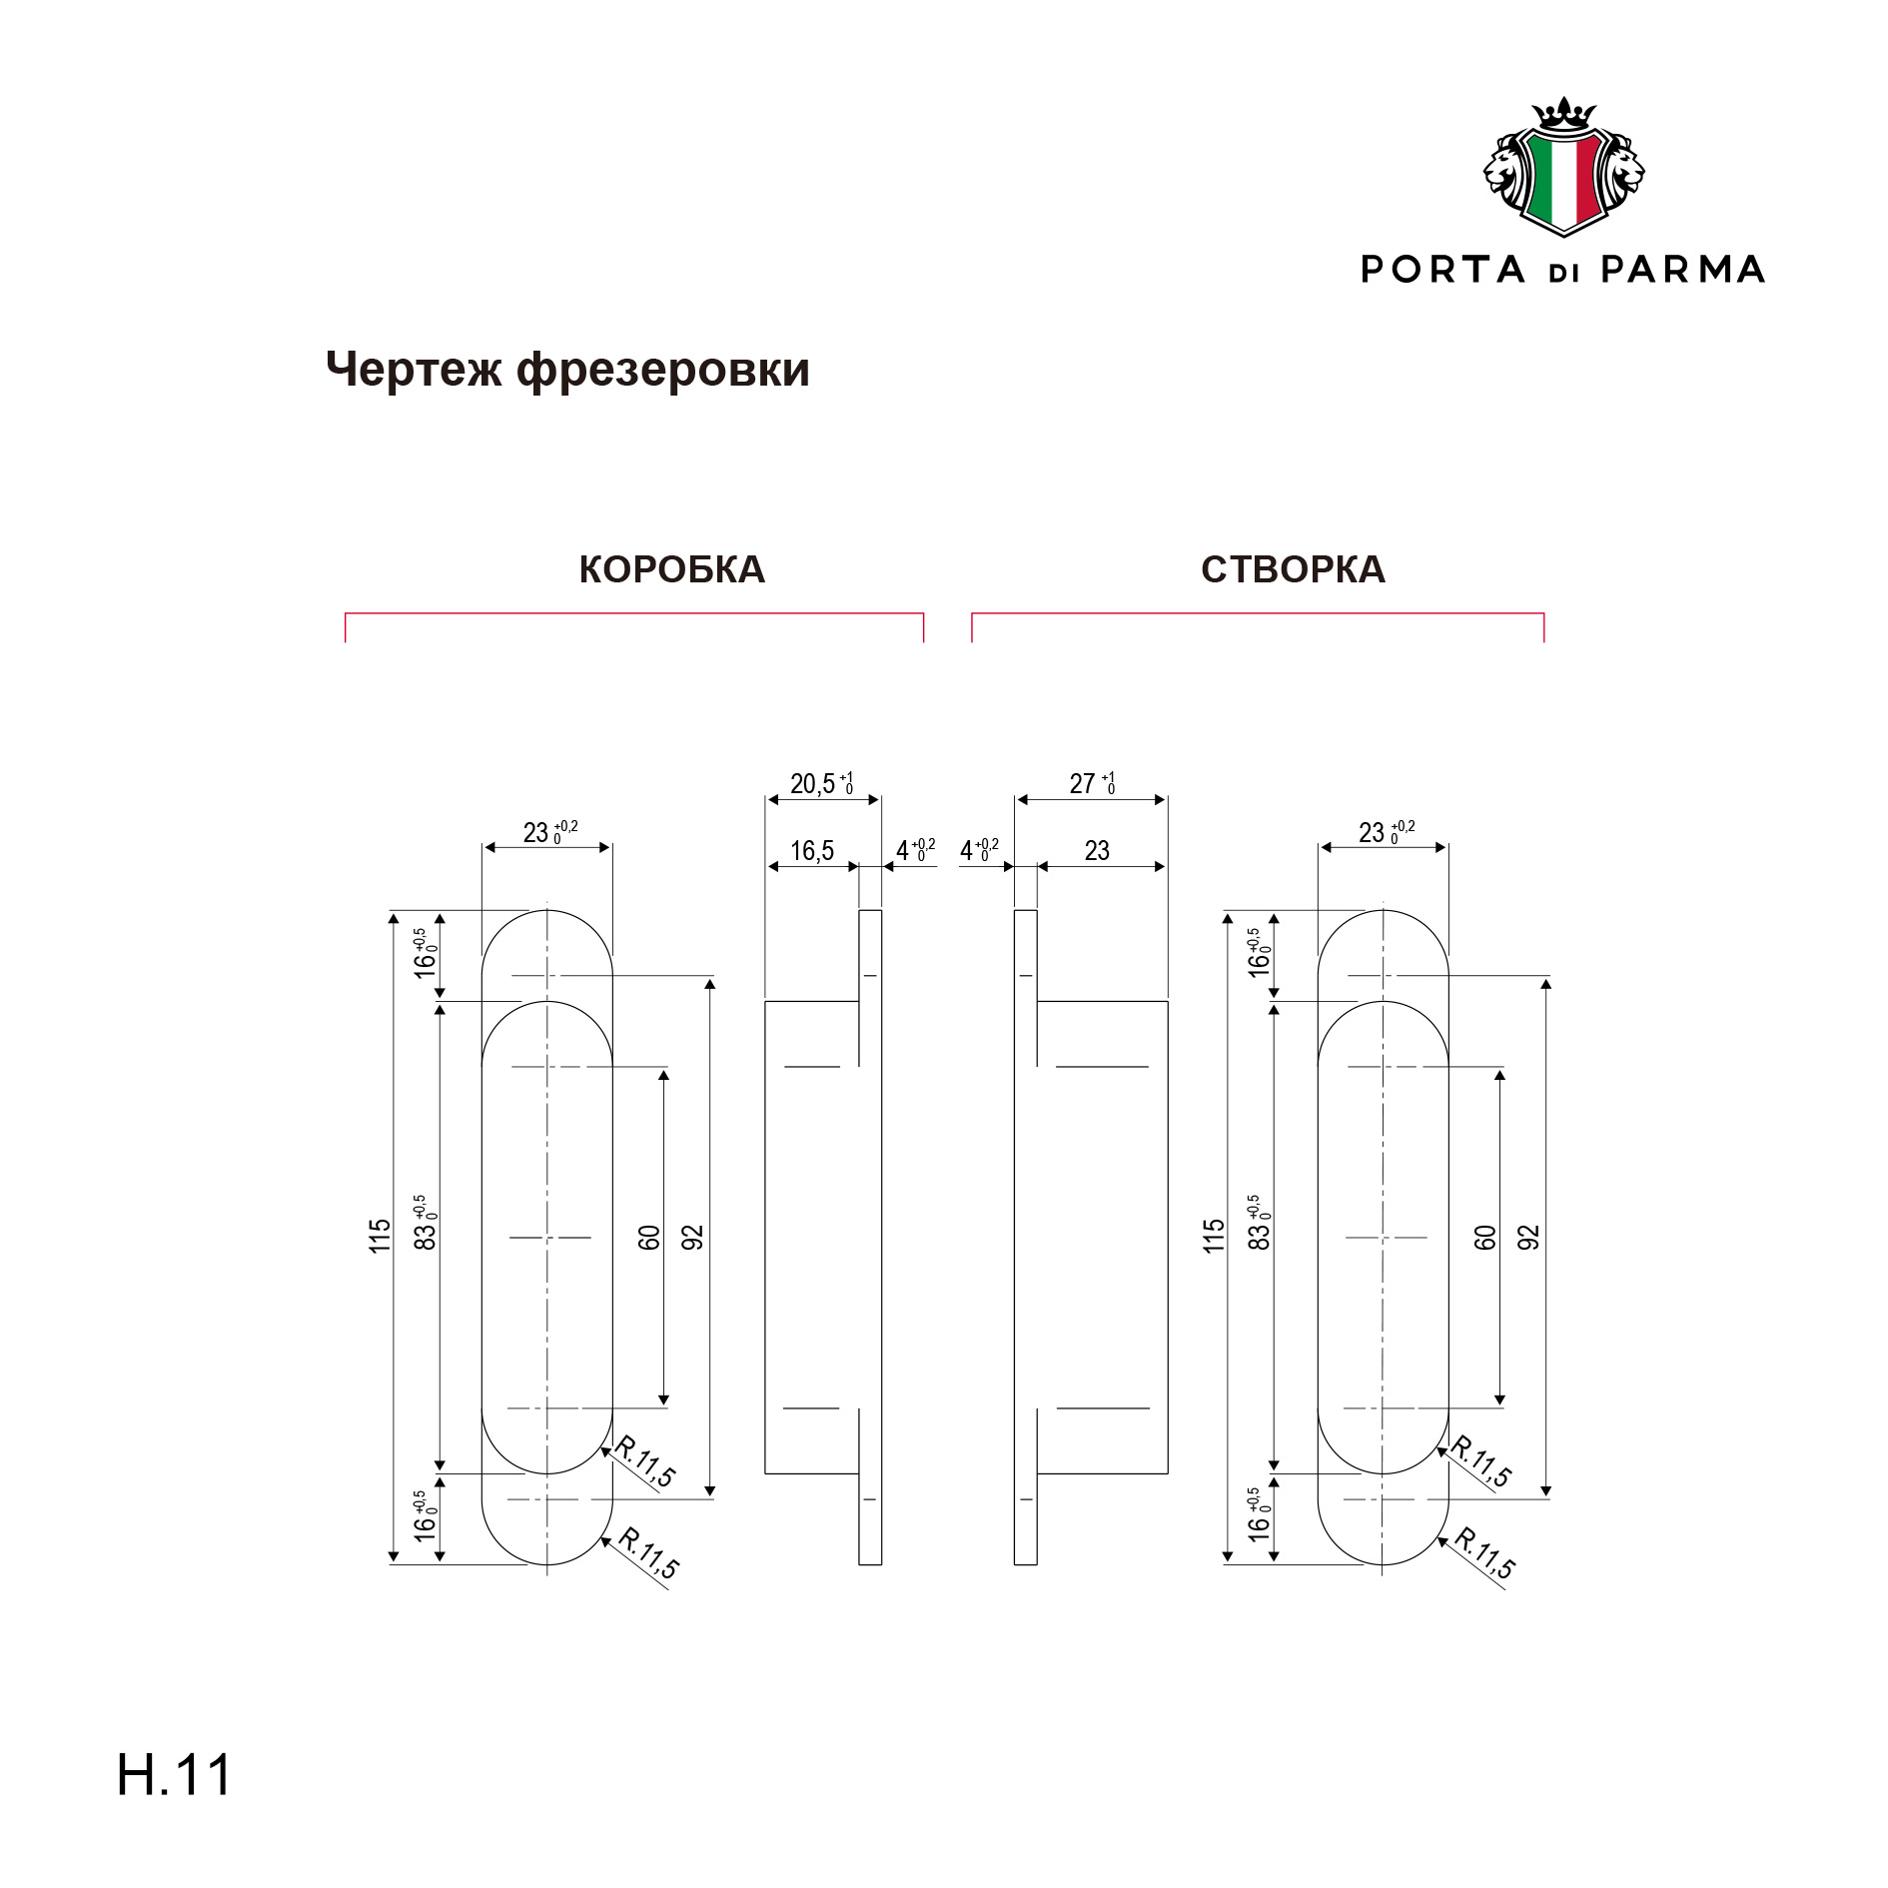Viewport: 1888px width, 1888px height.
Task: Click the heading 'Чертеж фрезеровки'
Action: pyautogui.click(x=567, y=371)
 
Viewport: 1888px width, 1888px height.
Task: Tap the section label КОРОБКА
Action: pyautogui.click(x=672, y=569)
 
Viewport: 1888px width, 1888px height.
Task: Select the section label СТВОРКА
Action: pyautogui.click(x=1293, y=569)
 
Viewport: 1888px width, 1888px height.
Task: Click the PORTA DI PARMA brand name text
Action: pyautogui.click(x=1563, y=270)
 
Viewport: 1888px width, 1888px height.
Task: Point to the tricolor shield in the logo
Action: pyautogui.click(x=1564, y=181)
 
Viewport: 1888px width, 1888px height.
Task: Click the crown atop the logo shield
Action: pyautogui.click(x=1564, y=113)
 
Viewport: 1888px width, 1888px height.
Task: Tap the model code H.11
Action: pyautogui.click(x=175, y=1775)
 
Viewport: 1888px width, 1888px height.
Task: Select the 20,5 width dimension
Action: pyautogui.click(x=821, y=783)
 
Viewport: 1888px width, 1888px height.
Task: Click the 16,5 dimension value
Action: pyautogui.click(x=812, y=851)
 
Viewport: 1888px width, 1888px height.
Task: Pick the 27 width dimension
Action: pyautogui.click(x=1092, y=783)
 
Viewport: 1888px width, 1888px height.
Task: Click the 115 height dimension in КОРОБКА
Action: pyautogui.click(x=380, y=1236)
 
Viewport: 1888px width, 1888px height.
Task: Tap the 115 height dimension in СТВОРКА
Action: pyautogui.click(x=1214, y=1236)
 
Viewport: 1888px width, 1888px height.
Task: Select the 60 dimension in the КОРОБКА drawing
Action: pyautogui.click(x=649, y=1238)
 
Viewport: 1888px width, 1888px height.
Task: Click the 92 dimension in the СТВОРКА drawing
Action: pyautogui.click(x=1529, y=1238)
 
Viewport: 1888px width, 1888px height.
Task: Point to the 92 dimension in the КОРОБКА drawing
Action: pyautogui.click(x=693, y=1238)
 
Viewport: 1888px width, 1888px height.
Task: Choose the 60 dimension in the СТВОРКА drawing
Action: pyautogui.click(x=1485, y=1238)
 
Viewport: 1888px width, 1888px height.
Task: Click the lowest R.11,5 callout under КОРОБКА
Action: pyautogui.click(x=648, y=1553)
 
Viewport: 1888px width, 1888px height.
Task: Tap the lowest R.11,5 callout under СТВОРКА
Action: pyautogui.click(x=1484, y=1553)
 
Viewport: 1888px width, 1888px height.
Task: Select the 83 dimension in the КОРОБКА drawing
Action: pyautogui.click(x=426, y=1223)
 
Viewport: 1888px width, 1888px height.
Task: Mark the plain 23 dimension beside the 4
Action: pyautogui.click(x=1097, y=851)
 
